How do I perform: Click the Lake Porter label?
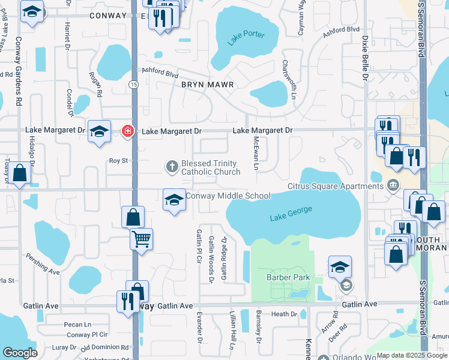tap(246, 38)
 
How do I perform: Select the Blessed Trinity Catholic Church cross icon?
tap(172, 167)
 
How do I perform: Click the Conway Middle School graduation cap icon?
tap(174, 200)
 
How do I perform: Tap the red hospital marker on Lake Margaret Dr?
tap(127, 131)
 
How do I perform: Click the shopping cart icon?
tap(141, 239)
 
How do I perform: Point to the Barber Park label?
tap(288, 277)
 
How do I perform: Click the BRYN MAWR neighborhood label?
tap(207, 85)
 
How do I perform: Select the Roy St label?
tap(118, 161)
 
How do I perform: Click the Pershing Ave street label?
tap(43, 264)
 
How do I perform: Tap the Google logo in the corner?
tap(20, 353)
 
